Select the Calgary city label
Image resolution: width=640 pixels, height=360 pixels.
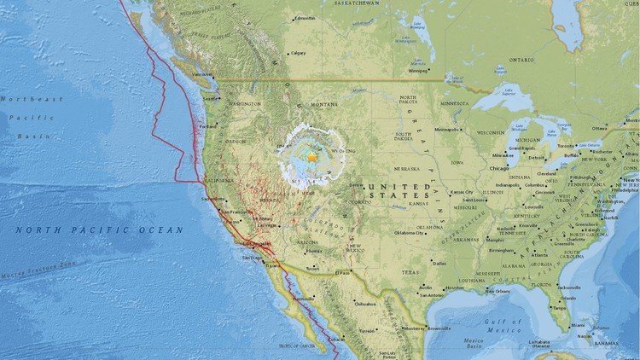pos(299,52)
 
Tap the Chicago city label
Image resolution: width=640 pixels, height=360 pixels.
pos(499,168)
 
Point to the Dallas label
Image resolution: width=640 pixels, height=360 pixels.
pos(439,263)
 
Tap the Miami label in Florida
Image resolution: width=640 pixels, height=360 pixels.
pos(579,325)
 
